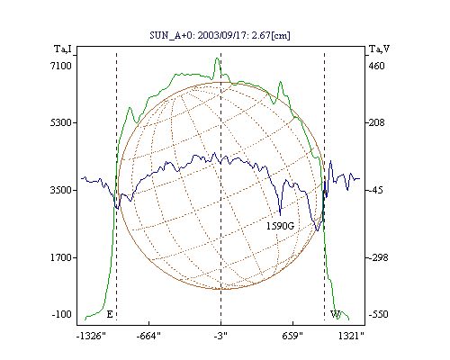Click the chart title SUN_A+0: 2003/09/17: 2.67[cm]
coord(220,35)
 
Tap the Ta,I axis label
coord(63,49)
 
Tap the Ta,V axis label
coord(380,49)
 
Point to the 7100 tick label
coord(61,66)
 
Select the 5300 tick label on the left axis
coord(61,122)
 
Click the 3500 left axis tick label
coord(61,190)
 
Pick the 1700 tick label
coord(61,257)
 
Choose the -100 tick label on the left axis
coord(61,314)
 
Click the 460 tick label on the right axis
coord(376,66)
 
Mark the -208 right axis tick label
coord(375,122)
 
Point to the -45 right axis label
coord(374,190)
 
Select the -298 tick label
coord(377,257)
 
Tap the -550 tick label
coord(378,314)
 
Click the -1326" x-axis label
coord(91,336)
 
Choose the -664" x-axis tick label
coord(148,336)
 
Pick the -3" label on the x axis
coord(220,336)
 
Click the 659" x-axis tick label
coord(292,336)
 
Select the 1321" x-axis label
coord(351,336)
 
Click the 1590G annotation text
coord(281,226)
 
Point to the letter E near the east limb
coord(110,314)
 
